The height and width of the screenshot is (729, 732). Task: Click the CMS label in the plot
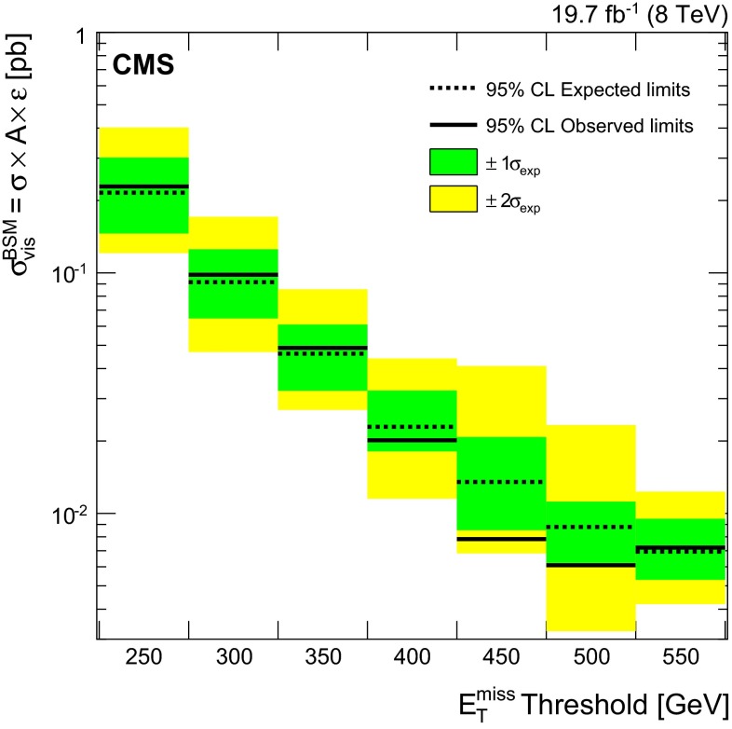[x=141, y=66]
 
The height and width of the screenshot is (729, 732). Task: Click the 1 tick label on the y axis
[x=81, y=37]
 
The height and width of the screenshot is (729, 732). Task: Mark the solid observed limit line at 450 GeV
[x=501, y=539]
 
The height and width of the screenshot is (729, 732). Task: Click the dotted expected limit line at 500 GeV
[x=590, y=527]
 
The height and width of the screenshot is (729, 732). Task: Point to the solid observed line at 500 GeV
[x=590, y=565]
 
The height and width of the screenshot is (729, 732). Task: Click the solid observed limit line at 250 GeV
[x=143, y=186]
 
